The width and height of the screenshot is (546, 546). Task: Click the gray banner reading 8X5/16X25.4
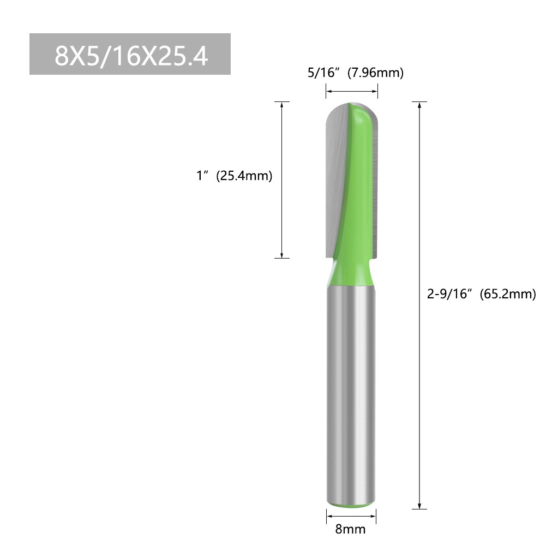tap(130, 54)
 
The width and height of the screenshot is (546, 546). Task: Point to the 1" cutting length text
tap(202, 176)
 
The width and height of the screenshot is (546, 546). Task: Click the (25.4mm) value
tap(244, 176)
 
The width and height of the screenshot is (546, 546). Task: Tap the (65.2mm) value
tap(508, 295)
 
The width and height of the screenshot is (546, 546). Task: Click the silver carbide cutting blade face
tap(335, 175)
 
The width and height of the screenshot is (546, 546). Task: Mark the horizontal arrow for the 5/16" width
tap(352, 92)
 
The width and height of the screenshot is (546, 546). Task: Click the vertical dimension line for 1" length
tap(281, 180)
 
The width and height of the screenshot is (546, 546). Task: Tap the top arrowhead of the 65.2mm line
tap(419, 106)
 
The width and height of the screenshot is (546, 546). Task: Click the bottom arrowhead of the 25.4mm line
tap(281, 254)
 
